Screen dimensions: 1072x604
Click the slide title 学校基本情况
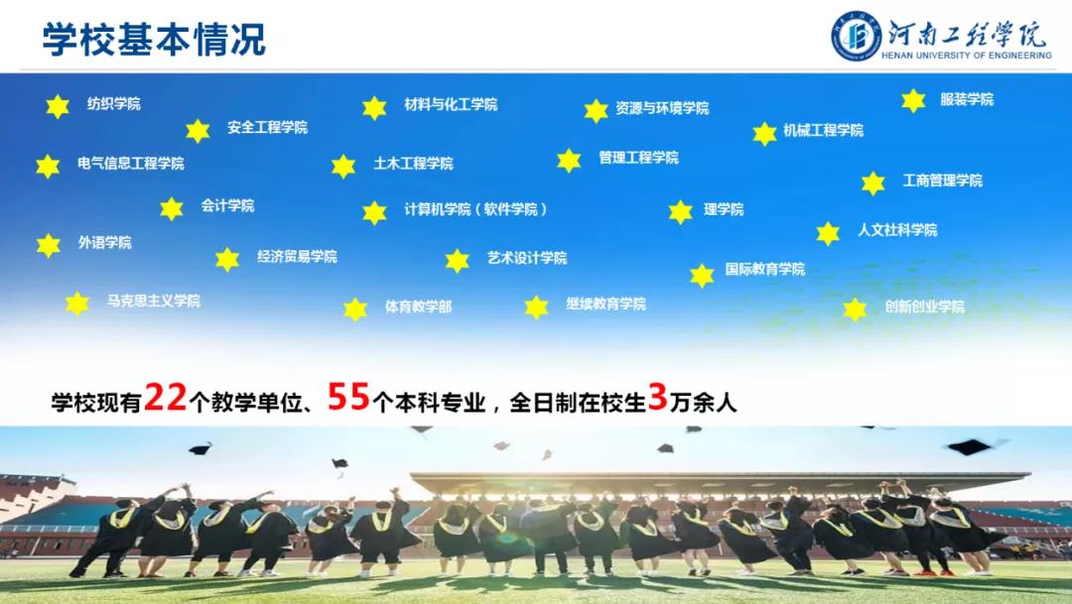154,39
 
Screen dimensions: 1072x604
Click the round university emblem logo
856,36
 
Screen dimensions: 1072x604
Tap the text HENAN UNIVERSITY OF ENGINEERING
966,56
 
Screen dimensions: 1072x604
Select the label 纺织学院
113,104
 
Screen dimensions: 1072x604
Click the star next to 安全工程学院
198,131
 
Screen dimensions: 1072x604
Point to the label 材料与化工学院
451,104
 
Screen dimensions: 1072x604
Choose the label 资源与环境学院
662,108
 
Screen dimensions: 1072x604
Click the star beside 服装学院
913,100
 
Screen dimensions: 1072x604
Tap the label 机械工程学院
823,130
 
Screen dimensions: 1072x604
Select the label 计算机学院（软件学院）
475,209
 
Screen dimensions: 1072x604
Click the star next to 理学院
680,212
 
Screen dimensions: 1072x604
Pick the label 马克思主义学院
153,301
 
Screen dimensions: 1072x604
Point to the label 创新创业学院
924,306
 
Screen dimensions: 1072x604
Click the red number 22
166,397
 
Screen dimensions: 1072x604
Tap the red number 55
348,396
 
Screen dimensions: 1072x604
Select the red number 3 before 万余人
658,397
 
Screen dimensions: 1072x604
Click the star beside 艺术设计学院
458,260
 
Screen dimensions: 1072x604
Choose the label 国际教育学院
765,269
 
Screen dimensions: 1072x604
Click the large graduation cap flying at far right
970,447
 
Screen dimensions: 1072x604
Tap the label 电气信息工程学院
131,164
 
